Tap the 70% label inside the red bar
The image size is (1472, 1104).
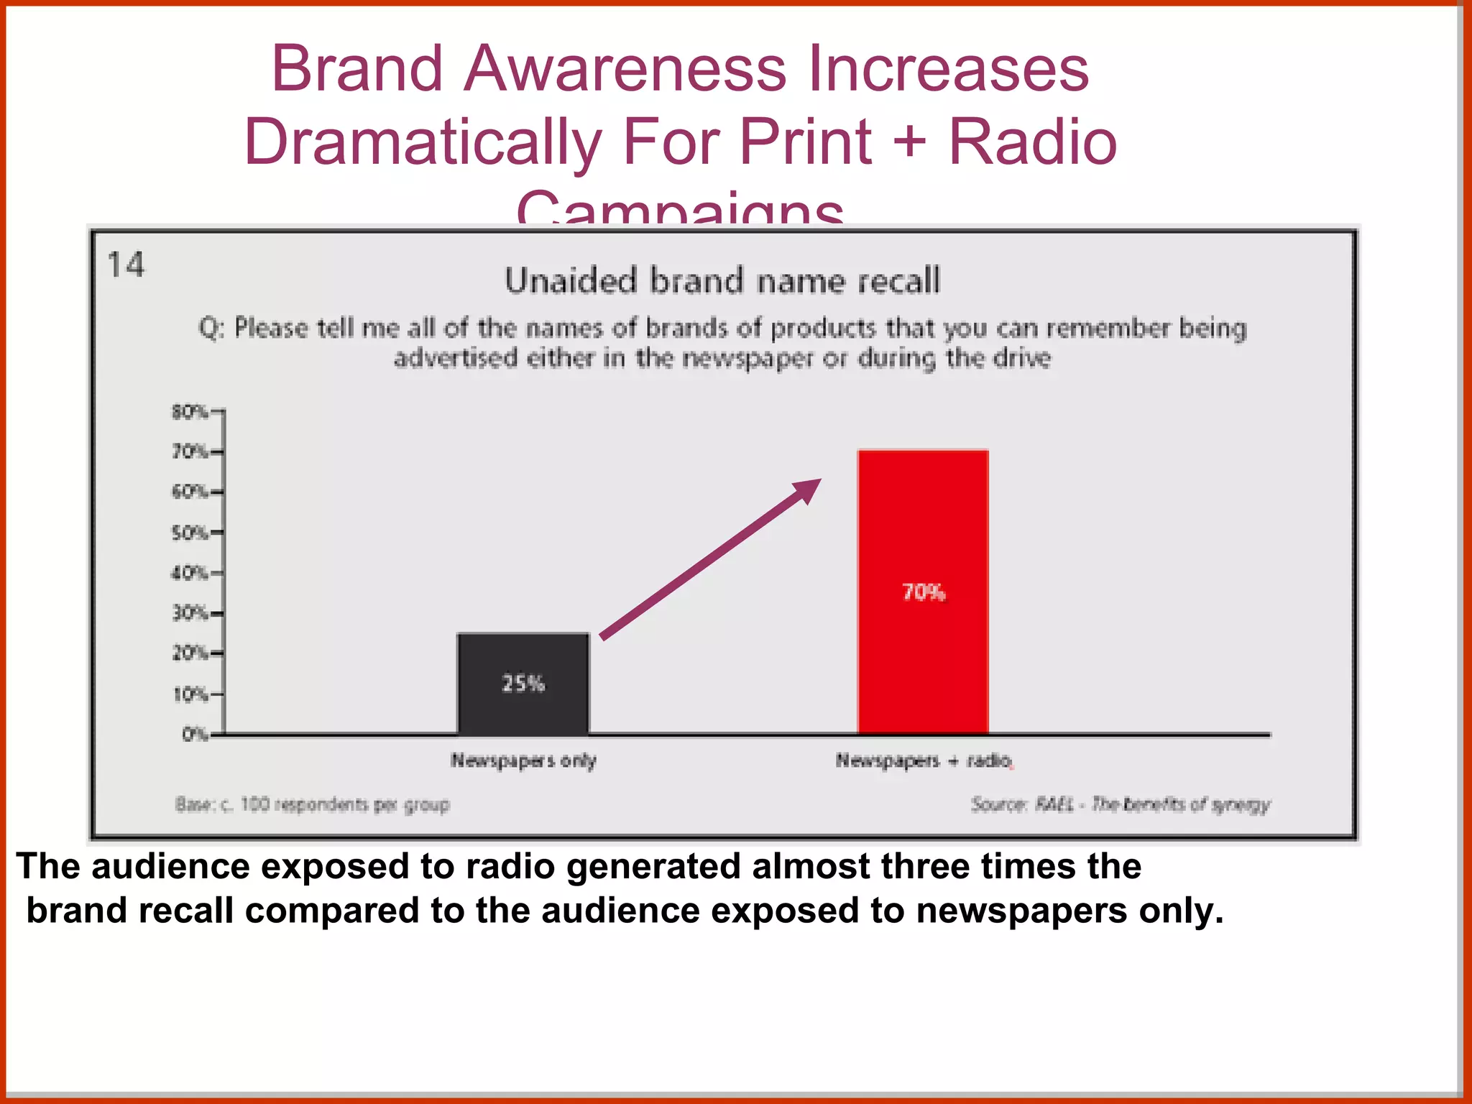click(x=924, y=592)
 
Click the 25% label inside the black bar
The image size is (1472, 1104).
click(x=523, y=683)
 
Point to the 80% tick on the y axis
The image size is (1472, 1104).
click(x=191, y=412)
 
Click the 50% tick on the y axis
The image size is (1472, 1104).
click(x=191, y=533)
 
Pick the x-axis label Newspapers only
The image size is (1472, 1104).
click(x=523, y=760)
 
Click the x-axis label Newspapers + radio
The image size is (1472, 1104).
click(x=924, y=760)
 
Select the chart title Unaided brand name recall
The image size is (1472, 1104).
click(x=722, y=280)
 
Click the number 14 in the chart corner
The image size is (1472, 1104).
click(x=126, y=264)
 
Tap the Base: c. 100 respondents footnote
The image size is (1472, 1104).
click(x=312, y=804)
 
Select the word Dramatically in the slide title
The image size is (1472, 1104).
click(x=423, y=142)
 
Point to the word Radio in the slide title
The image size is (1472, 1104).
click(x=1032, y=142)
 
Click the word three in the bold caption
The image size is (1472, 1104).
click(x=926, y=865)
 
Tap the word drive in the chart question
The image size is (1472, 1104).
click(x=1021, y=358)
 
